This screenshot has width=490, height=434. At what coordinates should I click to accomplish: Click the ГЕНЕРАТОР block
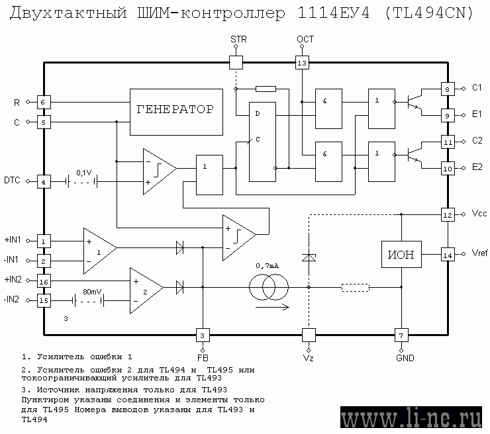click(x=176, y=112)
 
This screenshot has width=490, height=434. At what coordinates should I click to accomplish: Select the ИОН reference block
click(x=401, y=255)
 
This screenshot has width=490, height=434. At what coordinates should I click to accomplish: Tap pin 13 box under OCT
click(x=302, y=63)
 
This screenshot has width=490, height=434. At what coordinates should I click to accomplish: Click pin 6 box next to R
click(x=44, y=102)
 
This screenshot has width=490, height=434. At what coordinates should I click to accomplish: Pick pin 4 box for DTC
click(x=44, y=182)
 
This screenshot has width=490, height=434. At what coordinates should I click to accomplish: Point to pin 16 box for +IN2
click(x=44, y=281)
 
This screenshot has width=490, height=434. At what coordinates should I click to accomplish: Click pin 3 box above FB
click(x=203, y=335)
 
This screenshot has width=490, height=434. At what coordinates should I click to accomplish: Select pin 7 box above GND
click(x=401, y=335)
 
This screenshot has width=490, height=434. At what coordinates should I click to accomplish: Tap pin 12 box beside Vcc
click(x=448, y=215)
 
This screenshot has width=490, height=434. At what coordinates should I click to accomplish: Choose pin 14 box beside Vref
click(x=448, y=255)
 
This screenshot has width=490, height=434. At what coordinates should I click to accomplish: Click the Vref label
click(x=479, y=253)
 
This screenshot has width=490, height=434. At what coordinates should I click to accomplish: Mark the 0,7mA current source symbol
click(x=269, y=287)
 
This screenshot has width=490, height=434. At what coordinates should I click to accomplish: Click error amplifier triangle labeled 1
click(x=100, y=251)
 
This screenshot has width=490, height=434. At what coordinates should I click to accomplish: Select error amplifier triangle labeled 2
click(x=146, y=290)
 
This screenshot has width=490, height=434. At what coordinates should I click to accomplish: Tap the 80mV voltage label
click(x=92, y=292)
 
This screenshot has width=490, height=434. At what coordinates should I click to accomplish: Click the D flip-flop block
click(x=262, y=142)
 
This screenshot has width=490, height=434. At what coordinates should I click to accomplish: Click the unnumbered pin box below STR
click(x=236, y=62)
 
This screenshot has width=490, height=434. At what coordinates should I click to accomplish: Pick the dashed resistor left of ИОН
click(x=356, y=287)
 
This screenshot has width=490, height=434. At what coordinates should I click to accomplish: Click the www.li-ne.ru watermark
click(x=411, y=417)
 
